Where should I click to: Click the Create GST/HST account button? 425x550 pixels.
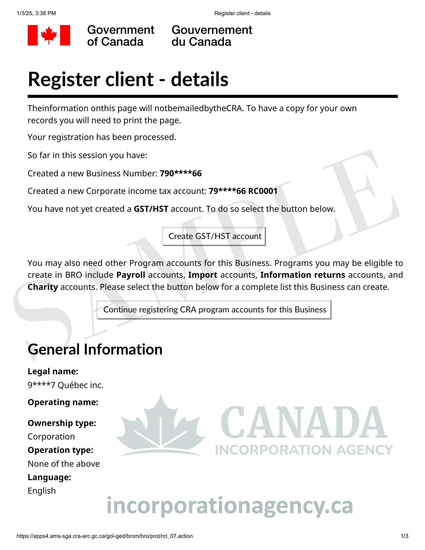click(x=214, y=236)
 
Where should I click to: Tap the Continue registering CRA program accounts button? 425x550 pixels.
click(x=214, y=310)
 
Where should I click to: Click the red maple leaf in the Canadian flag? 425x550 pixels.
click(x=49, y=35)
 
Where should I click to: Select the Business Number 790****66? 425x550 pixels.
click(x=180, y=174)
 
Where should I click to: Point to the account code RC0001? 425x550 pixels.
click(x=263, y=191)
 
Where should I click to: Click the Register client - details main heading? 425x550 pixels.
click(x=128, y=79)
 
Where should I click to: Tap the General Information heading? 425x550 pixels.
click(x=95, y=350)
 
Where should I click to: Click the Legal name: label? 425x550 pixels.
click(x=53, y=372)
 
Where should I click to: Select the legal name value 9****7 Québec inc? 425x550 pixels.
click(x=65, y=385)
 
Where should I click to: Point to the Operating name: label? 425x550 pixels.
click(x=63, y=402)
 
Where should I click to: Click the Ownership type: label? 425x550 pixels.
click(x=62, y=423)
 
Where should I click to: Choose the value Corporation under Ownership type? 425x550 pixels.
click(x=51, y=437)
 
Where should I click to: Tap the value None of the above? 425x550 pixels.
click(x=64, y=464)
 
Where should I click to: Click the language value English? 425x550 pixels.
click(x=42, y=491)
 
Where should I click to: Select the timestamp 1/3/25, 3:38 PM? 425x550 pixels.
click(x=36, y=13)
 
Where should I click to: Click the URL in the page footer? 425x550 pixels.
click(x=105, y=536)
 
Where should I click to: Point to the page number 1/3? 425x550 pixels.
click(x=404, y=536)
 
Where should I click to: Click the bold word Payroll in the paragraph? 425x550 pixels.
click(x=131, y=275)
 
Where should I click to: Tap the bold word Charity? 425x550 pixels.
click(x=43, y=287)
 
